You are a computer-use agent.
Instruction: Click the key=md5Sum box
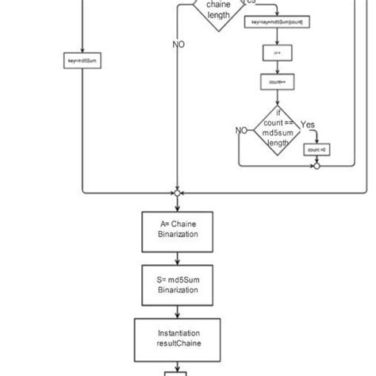82,58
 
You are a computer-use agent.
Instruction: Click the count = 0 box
317,150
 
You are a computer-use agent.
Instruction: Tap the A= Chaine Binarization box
178,229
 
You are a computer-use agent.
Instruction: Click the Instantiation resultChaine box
178,340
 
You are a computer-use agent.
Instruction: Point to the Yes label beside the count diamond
308,125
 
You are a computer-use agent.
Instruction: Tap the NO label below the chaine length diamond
179,44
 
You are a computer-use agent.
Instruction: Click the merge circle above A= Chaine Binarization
177,192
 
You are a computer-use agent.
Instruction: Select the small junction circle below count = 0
317,167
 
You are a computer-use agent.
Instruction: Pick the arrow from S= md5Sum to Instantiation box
178,312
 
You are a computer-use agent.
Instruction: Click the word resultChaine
178,345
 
